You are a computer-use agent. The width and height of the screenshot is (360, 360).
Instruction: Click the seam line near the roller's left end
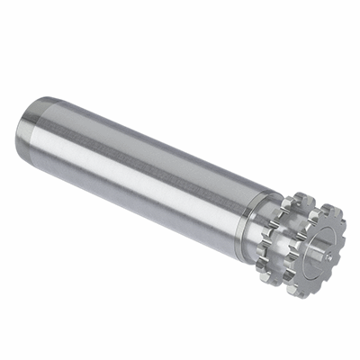pyautogui.click(x=40, y=126)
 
